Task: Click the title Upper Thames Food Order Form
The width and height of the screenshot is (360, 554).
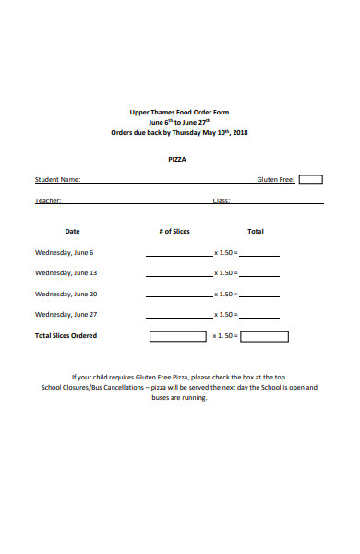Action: [x=179, y=112]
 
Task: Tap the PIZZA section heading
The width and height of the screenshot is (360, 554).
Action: [x=177, y=159]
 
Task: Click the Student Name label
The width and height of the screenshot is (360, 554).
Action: [x=57, y=180]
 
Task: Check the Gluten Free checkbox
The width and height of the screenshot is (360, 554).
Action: [x=311, y=180]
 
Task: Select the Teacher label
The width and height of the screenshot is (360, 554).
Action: [x=48, y=200]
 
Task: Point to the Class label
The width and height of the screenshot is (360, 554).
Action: [x=222, y=200]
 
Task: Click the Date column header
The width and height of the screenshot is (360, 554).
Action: [x=72, y=231]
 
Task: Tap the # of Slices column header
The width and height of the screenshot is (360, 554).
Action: [x=174, y=231]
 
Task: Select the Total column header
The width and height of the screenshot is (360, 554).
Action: [x=256, y=231]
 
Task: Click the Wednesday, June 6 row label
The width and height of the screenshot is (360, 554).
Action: [x=64, y=252]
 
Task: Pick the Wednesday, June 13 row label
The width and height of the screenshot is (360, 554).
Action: [x=66, y=272]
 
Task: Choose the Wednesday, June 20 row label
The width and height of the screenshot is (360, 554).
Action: [x=66, y=294]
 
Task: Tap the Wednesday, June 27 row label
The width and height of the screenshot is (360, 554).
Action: [x=66, y=315]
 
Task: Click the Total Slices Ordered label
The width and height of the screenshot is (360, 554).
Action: [x=66, y=336]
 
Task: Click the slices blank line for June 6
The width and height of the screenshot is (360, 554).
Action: [x=177, y=254]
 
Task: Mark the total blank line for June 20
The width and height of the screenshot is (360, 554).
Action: [x=259, y=295]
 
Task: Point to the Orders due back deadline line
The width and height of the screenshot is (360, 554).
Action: [x=179, y=132]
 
